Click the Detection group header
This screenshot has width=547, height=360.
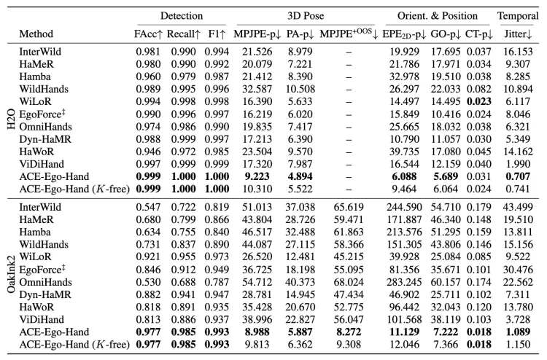pyautogui.click(x=182, y=16)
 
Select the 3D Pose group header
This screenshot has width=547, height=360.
pyautogui.click(x=306, y=16)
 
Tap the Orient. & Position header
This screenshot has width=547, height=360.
pyautogui.click(x=438, y=16)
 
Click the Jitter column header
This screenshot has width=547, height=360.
pyautogui.click(x=518, y=34)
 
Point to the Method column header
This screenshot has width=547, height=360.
pyautogui.click(x=36, y=34)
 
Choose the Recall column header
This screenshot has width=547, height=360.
pyautogui.click(x=184, y=34)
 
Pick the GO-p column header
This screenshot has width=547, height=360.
pyautogui.click(x=446, y=34)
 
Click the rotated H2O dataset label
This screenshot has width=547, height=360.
pyautogui.click(x=11, y=114)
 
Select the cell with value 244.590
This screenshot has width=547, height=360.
pyautogui.click(x=404, y=207)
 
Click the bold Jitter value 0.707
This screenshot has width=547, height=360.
pyautogui.click(x=518, y=176)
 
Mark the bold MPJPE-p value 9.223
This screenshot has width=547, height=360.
pyautogui.click(x=257, y=176)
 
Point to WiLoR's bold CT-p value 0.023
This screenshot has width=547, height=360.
pyautogui.click(x=479, y=101)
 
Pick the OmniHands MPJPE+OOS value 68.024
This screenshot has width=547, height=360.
pyautogui.click(x=349, y=282)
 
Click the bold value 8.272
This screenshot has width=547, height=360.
pyautogui.click(x=349, y=332)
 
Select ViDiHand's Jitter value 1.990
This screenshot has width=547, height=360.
pyautogui.click(x=518, y=164)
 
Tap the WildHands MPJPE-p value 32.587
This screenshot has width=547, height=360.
pyautogui.click(x=257, y=89)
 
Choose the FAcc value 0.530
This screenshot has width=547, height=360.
pyautogui.click(x=148, y=282)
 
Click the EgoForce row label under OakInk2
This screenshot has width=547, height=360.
pyautogui.click(x=42, y=270)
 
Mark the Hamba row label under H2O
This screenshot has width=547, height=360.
pyautogui.click(x=35, y=77)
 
